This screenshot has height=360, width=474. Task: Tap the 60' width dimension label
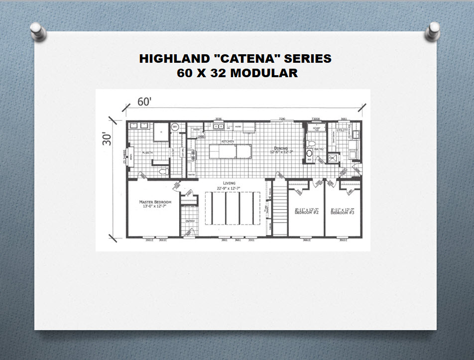tap(144, 103)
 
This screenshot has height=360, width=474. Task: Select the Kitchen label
tap(228, 141)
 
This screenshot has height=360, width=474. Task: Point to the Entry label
tap(190, 221)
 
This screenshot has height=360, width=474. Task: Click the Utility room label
tap(342, 130)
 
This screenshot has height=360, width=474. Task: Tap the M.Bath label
tap(147, 152)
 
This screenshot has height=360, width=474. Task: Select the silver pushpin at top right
tap(432, 30)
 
